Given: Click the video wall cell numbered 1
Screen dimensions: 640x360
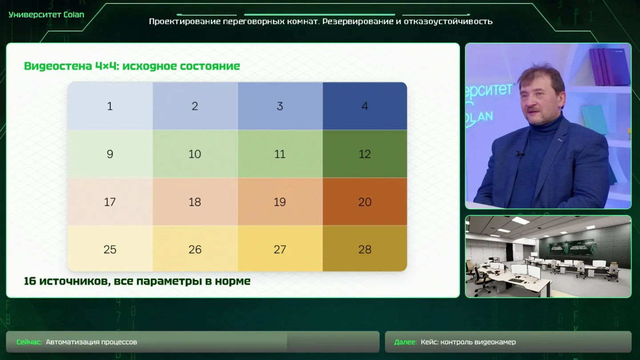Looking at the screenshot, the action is click(x=110, y=106).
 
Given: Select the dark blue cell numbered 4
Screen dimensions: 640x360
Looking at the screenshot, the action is click(x=365, y=106).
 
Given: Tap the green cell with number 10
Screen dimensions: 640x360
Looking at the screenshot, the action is click(x=195, y=154).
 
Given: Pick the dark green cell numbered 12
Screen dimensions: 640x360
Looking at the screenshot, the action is click(x=365, y=154).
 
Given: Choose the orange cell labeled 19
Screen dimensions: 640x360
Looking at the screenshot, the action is click(x=280, y=202).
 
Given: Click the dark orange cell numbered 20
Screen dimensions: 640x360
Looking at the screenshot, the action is click(x=365, y=202).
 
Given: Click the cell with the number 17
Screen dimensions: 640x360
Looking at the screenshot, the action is click(x=110, y=202).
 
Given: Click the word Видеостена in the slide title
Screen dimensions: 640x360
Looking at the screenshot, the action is click(x=58, y=66).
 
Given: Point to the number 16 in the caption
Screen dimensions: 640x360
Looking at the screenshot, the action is click(x=30, y=281).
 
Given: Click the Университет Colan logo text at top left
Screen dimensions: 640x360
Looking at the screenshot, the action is click(x=46, y=15).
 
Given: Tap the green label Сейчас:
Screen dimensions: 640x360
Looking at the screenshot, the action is click(x=29, y=342).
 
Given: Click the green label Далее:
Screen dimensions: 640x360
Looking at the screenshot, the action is click(x=405, y=342).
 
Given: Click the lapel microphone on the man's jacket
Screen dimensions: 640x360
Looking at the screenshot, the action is click(x=520, y=155).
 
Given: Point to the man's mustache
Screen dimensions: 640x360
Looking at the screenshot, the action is click(x=533, y=110).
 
